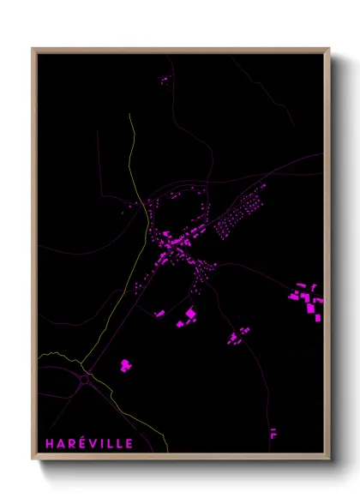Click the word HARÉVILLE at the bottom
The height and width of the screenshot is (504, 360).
coord(90,443)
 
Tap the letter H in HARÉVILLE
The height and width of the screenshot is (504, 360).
coord(51,443)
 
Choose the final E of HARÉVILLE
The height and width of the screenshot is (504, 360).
coord(129,443)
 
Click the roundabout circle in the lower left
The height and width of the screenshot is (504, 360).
coord(85,378)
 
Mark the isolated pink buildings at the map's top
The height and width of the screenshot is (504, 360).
coord(165,80)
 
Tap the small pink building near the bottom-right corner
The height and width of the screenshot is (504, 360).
coord(273,433)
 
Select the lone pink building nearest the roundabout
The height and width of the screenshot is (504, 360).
coord(127,366)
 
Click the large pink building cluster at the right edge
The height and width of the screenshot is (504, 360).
coord(308,301)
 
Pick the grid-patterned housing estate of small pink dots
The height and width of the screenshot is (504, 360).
coord(239,213)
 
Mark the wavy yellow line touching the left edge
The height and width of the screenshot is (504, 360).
coord(51,353)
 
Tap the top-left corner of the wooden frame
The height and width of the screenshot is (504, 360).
coord(33,50)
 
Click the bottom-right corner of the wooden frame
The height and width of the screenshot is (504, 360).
coord(328,459)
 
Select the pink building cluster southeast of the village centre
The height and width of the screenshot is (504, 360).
coord(237,335)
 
